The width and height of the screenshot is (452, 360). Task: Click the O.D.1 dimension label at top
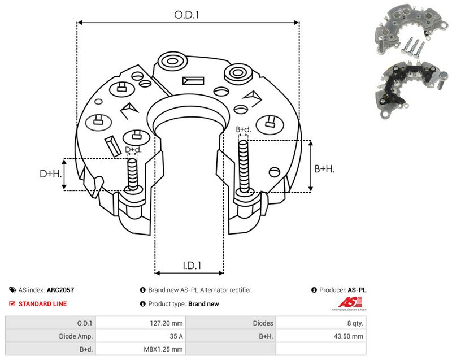click(x=186, y=15)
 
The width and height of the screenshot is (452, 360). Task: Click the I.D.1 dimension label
click(x=192, y=265)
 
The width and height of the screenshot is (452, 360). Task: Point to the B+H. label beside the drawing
click(x=324, y=168)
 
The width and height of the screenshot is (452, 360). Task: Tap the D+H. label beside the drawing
click(x=51, y=174)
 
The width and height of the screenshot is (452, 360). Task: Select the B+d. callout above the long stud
click(x=244, y=129)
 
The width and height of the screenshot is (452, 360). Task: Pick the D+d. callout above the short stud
click(x=133, y=150)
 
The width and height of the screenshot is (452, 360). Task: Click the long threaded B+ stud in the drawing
click(x=244, y=167)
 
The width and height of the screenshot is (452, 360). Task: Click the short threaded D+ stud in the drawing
click(x=133, y=175)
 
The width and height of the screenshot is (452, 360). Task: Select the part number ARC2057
click(x=60, y=290)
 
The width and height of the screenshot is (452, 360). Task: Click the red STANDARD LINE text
click(x=43, y=304)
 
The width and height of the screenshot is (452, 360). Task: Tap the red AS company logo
click(x=350, y=303)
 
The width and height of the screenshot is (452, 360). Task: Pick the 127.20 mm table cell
click(x=141, y=323)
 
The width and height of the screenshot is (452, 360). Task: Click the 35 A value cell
click(x=141, y=336)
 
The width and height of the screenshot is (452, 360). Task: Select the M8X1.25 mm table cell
click(x=141, y=349)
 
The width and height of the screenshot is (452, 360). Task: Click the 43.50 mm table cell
click(x=321, y=336)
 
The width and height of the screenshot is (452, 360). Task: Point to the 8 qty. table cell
click(x=321, y=323)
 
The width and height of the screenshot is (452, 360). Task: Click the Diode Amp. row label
click(x=50, y=336)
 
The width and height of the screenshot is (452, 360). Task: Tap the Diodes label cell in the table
click(x=231, y=323)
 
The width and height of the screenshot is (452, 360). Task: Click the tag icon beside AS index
click(x=12, y=290)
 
